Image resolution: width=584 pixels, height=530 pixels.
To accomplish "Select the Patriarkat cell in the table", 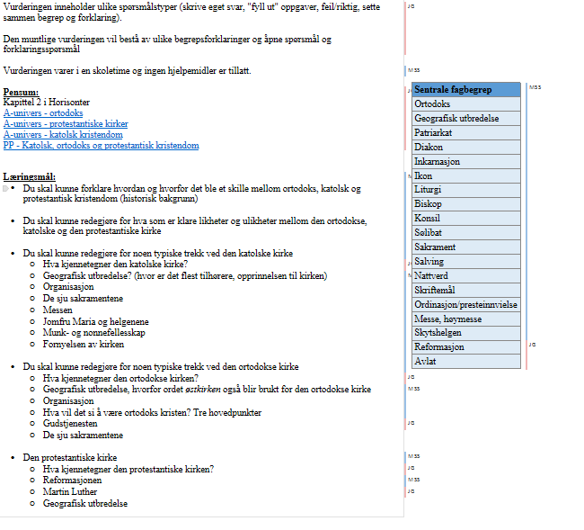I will (x=434, y=132).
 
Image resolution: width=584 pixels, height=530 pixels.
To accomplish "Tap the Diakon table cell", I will (x=429, y=147).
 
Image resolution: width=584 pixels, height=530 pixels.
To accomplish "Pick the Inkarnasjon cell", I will (x=438, y=161).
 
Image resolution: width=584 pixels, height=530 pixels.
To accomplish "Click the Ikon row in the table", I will (x=423, y=175).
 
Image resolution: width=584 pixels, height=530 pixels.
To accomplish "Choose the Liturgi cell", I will (x=428, y=190).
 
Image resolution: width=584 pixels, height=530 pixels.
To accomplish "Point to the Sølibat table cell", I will (x=429, y=232).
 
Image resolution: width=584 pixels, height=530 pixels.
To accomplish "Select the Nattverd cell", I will (x=431, y=275).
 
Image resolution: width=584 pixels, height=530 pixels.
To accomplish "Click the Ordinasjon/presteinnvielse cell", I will (x=465, y=304).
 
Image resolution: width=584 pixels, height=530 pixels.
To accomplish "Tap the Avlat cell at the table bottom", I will (x=425, y=361).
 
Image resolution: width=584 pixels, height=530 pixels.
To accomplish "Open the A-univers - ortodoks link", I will (x=43, y=113).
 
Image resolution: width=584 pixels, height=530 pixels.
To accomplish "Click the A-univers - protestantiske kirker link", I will (x=66, y=124).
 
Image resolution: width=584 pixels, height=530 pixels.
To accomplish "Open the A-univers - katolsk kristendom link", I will (x=63, y=135).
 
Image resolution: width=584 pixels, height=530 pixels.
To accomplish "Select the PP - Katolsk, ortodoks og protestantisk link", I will (x=101, y=146).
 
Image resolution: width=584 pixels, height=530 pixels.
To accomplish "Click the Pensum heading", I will (x=21, y=92).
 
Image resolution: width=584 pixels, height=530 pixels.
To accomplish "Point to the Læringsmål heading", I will (x=30, y=176).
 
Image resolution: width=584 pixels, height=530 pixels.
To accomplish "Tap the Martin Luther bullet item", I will (x=70, y=492).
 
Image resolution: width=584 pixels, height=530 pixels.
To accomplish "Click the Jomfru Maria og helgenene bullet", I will (x=95, y=321).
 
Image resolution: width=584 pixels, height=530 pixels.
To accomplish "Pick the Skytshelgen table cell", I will (x=438, y=332).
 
